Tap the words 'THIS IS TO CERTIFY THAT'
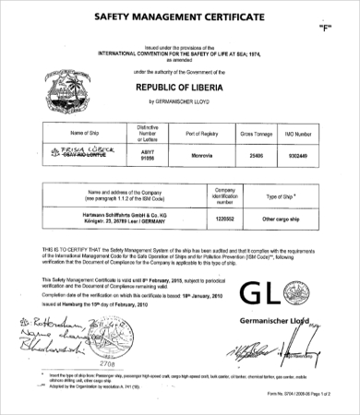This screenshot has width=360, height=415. click(66, 249)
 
